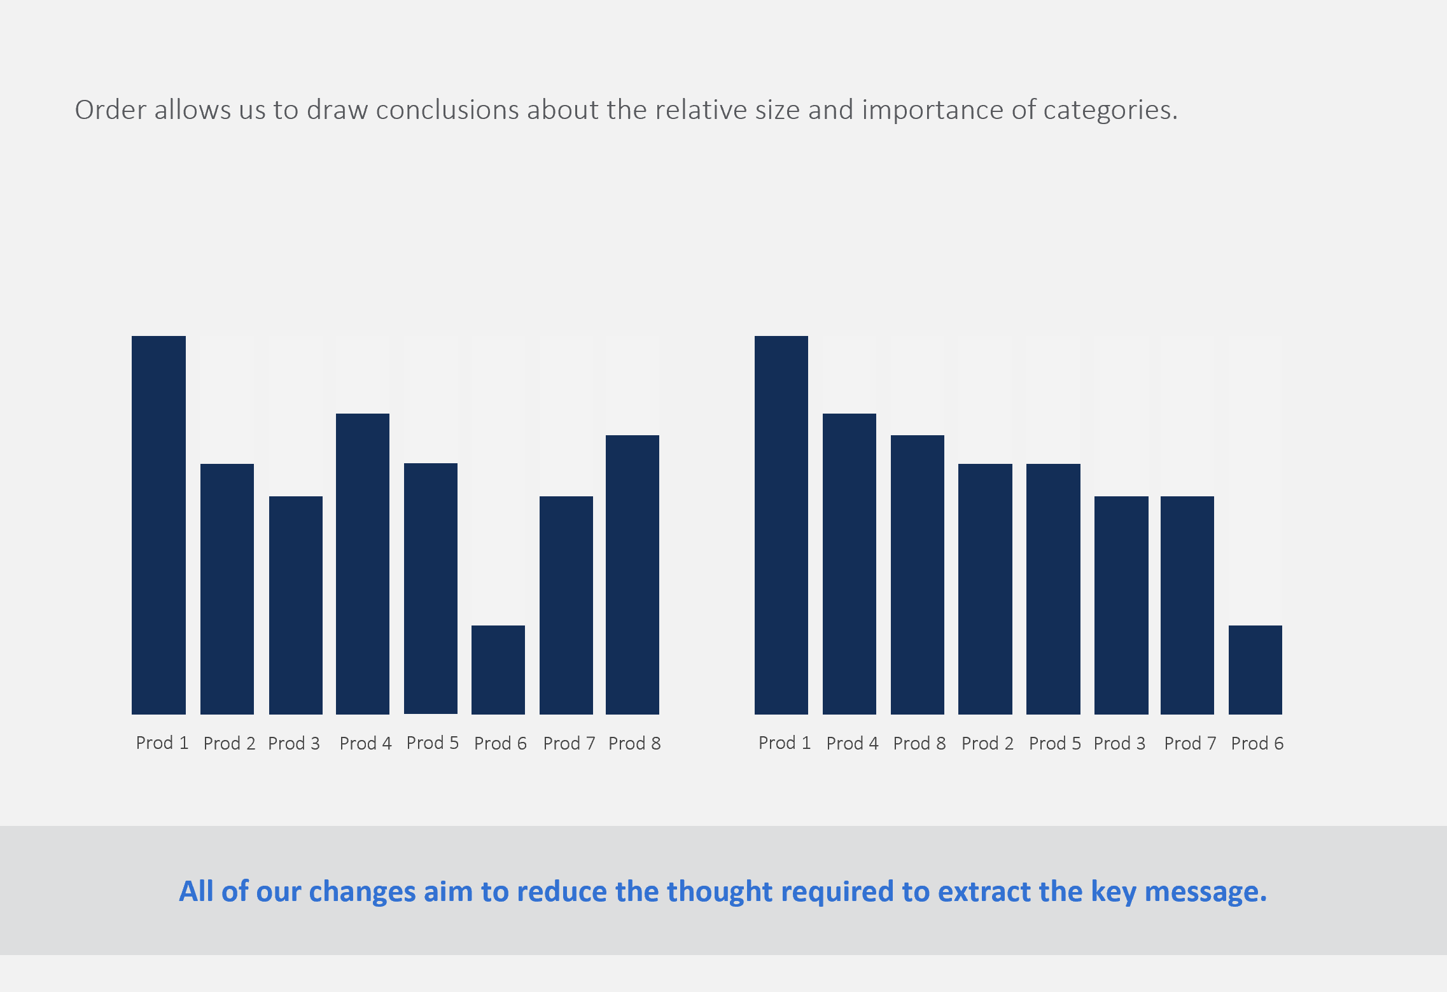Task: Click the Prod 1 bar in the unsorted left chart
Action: pos(158,525)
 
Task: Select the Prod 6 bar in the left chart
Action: pos(498,669)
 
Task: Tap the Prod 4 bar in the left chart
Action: pos(363,564)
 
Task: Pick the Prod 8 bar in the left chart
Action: pos(633,575)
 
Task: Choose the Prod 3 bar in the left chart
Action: pos(296,605)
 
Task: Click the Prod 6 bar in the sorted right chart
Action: pos(1255,669)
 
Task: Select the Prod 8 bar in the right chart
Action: pos(918,575)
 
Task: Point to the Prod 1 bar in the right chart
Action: pos(781,525)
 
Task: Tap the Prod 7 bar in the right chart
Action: pos(1187,605)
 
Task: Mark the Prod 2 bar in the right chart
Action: pos(985,589)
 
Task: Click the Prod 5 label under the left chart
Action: pos(433,743)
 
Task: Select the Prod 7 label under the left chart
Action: pos(570,743)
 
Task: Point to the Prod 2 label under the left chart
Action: pos(230,743)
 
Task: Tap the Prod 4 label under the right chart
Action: pos(853,743)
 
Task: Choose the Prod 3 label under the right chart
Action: pos(1120,743)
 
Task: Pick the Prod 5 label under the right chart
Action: pos(1055,743)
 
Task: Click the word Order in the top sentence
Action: pos(111,109)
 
